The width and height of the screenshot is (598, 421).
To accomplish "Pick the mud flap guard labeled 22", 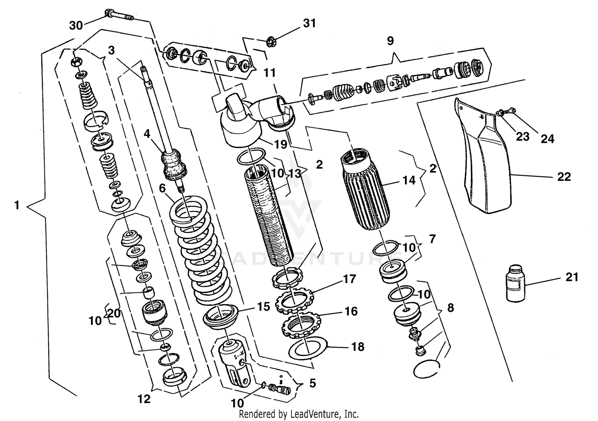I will (x=486, y=167).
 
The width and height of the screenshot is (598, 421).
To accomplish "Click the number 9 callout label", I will (x=390, y=40).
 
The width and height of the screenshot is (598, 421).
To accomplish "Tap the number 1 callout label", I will (x=16, y=205).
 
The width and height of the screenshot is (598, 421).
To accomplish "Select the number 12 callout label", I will (x=144, y=398).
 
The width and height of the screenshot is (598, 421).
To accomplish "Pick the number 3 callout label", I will (x=111, y=50).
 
